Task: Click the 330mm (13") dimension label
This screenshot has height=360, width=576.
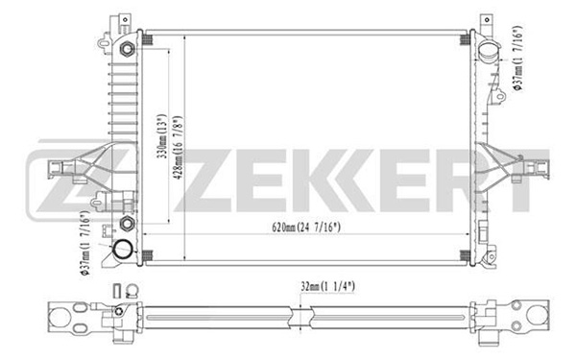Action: pos(162,136)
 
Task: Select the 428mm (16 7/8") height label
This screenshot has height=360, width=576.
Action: pos(178,148)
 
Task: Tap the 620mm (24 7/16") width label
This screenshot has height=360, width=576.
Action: pos(306,228)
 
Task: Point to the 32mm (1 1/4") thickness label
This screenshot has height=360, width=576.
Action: pos(328,286)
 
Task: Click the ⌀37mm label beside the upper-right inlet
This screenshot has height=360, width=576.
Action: pos(517,58)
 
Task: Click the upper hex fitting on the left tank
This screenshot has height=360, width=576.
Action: pos(127,49)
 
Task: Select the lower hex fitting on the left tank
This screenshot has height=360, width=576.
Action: pos(127,223)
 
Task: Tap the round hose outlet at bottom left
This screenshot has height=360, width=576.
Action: pos(122,250)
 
